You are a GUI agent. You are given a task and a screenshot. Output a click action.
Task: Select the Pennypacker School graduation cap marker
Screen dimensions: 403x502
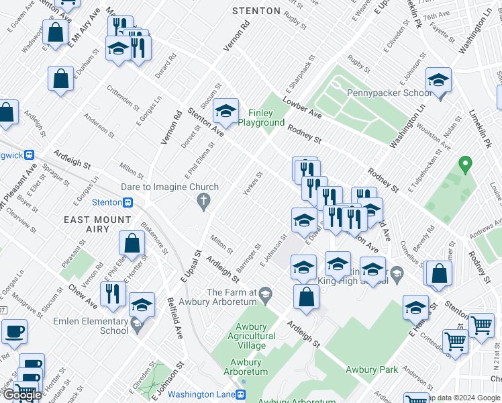pyautogui.click(x=439, y=81)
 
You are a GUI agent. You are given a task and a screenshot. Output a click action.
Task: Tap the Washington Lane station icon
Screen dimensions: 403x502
pyautogui.click(x=244, y=394)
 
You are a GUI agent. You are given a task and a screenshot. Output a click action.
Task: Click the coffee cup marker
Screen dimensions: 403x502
pyautogui.click(x=14, y=331)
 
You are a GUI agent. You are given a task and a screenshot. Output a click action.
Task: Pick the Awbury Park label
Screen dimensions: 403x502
pyautogui.click(x=371, y=369)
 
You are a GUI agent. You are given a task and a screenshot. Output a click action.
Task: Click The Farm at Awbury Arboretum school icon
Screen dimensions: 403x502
pyautogui.click(x=266, y=293)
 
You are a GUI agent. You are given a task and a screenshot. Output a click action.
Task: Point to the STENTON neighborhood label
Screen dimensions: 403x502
pyautogui.click(x=256, y=11)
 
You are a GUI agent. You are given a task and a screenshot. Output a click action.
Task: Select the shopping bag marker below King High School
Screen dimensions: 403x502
pyautogui.click(x=306, y=298)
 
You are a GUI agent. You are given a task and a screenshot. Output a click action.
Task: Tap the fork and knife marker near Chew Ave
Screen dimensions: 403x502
pyautogui.click(x=113, y=294)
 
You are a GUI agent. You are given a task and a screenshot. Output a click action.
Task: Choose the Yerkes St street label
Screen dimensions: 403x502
pyautogui.click(x=252, y=183)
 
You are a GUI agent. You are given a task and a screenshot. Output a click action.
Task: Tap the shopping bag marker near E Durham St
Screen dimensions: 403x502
pyautogui.click(x=60, y=79)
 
